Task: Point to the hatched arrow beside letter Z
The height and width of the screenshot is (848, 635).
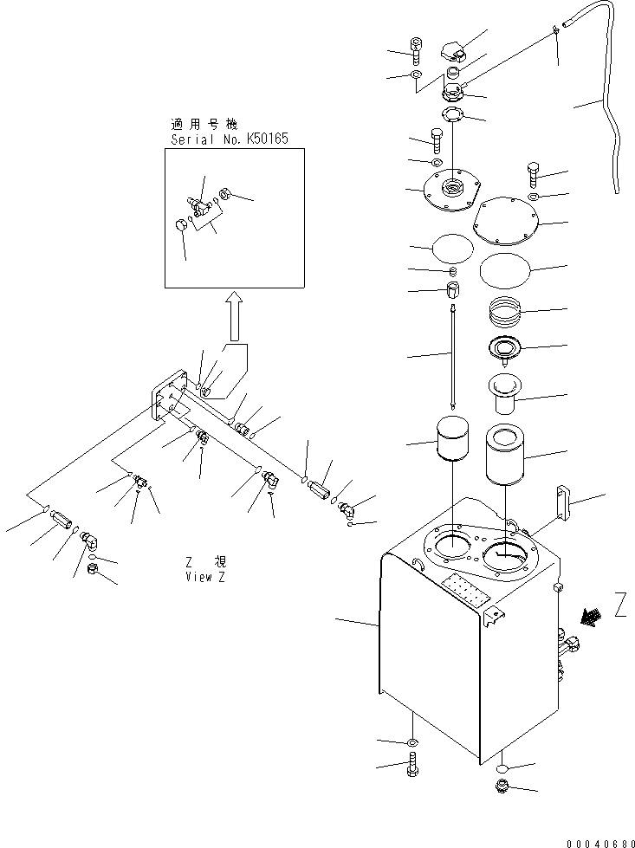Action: pyautogui.click(x=593, y=616)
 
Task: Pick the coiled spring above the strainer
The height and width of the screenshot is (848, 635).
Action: pyautogui.click(x=506, y=308)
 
